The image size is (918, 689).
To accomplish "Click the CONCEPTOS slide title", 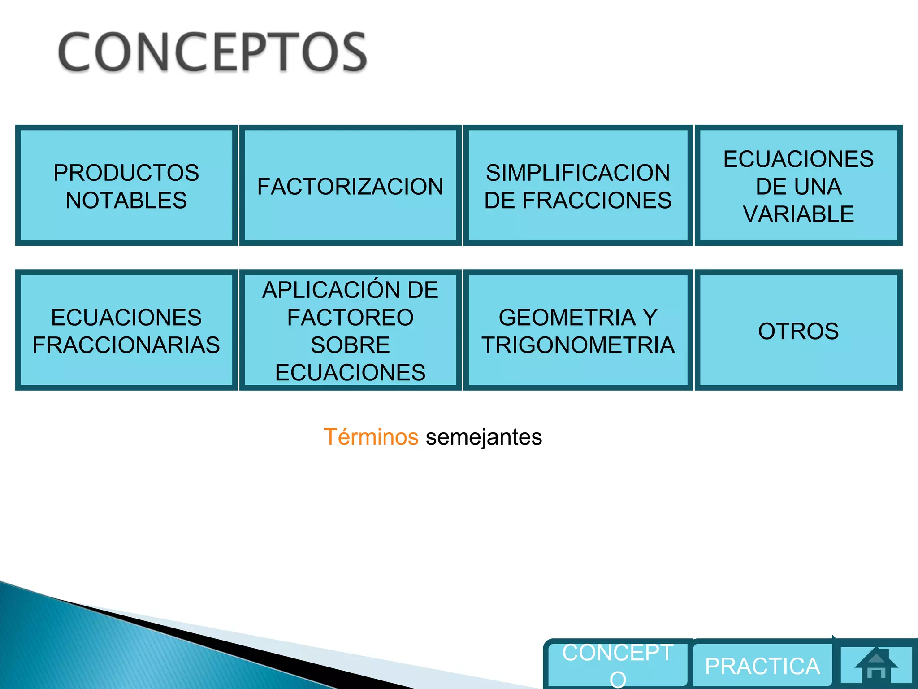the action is (212, 52).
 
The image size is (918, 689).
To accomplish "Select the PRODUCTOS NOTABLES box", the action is (126, 186).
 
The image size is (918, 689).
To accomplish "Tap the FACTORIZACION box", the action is (350, 186).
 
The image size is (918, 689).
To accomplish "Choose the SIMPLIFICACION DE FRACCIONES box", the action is (578, 186).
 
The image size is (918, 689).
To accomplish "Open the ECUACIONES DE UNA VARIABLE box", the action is (798, 186).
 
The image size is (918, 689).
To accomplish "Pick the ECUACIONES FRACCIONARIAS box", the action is (126, 331).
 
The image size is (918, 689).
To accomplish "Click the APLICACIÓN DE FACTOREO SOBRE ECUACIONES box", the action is (350, 331).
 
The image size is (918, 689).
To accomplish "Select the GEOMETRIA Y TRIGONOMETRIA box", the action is (578, 331).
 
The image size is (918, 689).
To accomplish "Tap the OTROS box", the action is (798, 331).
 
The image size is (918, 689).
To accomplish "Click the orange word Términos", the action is (371, 437).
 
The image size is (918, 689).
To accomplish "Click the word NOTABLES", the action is (126, 200).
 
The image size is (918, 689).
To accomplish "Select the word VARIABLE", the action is (798, 214).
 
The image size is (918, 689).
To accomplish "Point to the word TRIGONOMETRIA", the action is (578, 345).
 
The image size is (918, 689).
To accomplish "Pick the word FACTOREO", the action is (350, 318).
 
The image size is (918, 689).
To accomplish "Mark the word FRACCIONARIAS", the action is (126, 345).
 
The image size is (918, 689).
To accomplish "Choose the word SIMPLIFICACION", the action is (578, 173).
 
